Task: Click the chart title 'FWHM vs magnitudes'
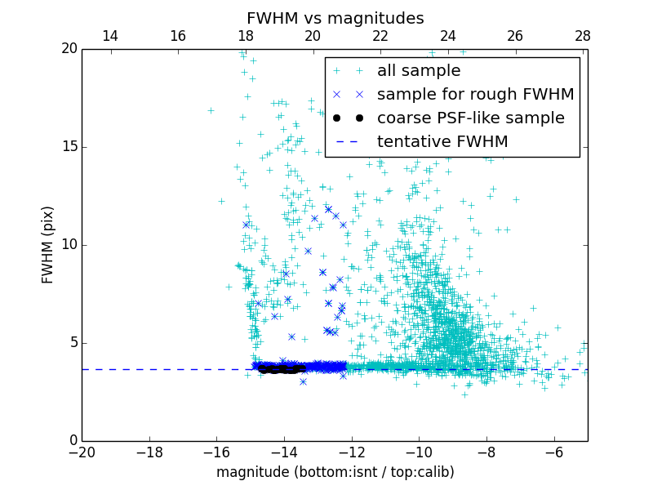click(335, 18)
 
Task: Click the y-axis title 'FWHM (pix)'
click(48, 245)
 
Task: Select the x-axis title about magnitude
click(335, 472)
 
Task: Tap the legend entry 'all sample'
click(419, 71)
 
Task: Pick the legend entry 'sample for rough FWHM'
click(475, 95)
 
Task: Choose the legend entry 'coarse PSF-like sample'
click(470, 118)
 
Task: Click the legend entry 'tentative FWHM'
click(442, 142)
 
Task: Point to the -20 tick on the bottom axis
click(82, 452)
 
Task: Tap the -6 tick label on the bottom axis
click(553, 452)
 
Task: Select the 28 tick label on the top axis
click(583, 36)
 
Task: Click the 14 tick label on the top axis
click(110, 36)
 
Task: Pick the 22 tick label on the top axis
click(380, 36)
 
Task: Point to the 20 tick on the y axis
click(68, 49)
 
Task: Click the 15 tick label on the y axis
click(68, 147)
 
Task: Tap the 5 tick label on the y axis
click(72, 343)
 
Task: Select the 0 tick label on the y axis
click(72, 441)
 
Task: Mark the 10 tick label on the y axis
click(68, 245)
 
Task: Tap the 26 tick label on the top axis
click(515, 36)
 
